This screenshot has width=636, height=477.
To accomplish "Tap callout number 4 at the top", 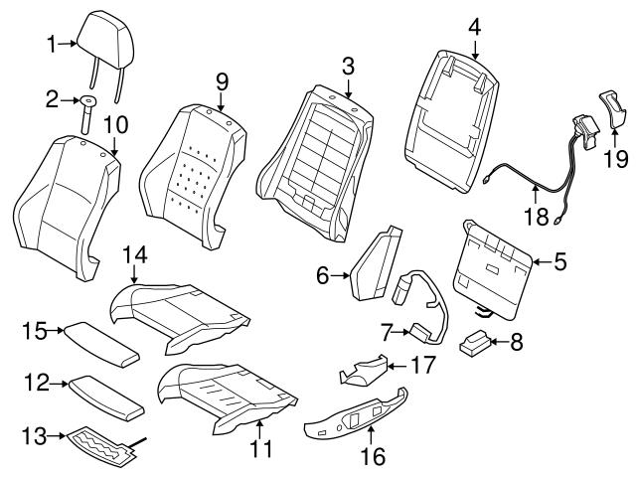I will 475,27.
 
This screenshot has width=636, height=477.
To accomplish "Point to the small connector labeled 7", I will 420,331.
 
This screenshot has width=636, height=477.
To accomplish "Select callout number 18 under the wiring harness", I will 536,214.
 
